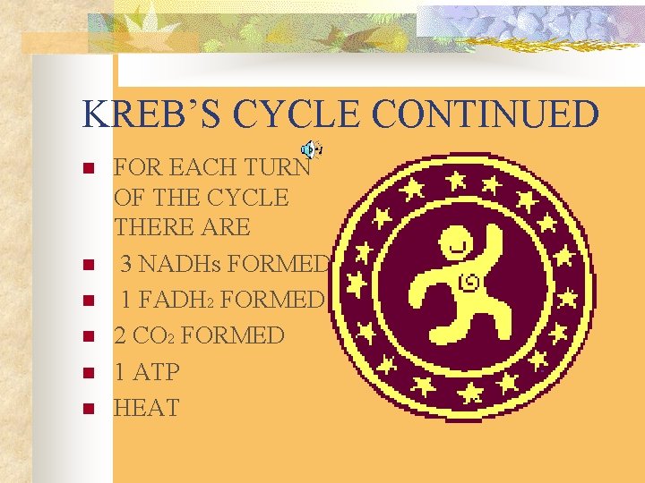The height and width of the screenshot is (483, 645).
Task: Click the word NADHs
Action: point(191,264)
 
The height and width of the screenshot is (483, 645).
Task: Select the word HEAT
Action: point(146,408)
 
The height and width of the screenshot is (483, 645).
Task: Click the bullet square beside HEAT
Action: point(87,410)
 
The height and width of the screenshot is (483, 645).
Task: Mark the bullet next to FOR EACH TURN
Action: point(87,169)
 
